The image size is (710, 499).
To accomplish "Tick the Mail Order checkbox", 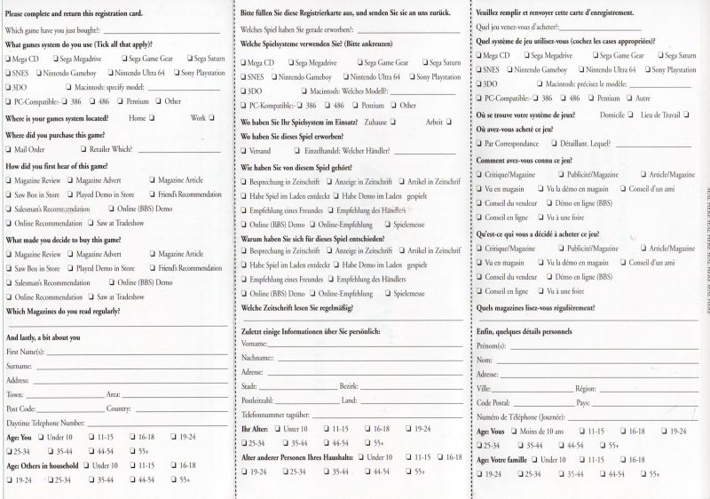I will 9,150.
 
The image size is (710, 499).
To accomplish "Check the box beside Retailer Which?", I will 83,150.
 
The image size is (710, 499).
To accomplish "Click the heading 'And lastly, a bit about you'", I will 43,337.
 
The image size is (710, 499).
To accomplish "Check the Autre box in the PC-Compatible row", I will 631,99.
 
